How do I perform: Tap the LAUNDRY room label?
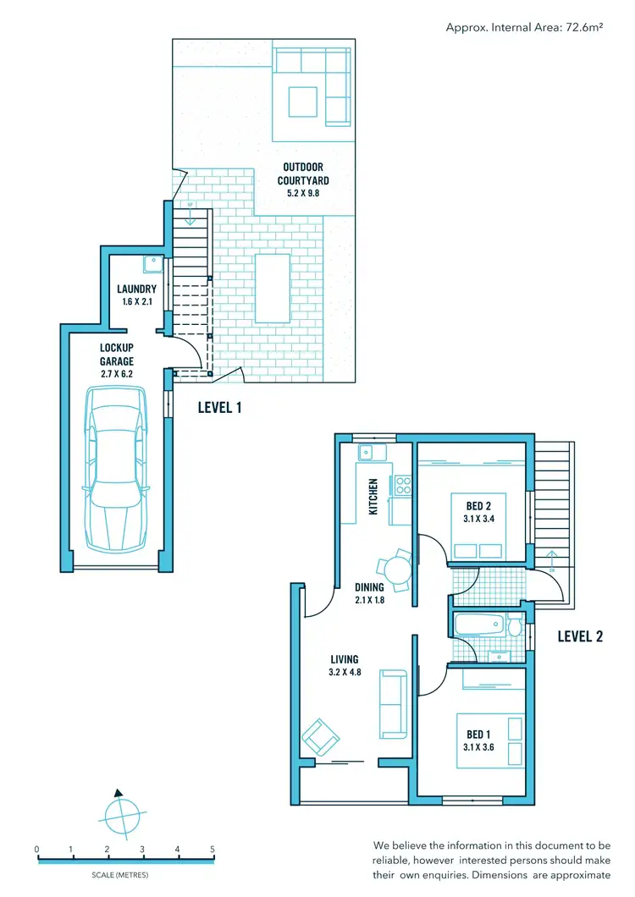coord(136,289)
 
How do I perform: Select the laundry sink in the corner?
coord(152,264)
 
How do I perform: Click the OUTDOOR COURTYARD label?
coord(303,173)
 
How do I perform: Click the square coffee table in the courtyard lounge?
coord(302,102)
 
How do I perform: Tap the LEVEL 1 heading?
coord(220,407)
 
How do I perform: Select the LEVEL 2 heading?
coord(580,636)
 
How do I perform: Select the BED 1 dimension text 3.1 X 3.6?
coord(479,746)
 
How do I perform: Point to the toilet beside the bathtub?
coord(513,626)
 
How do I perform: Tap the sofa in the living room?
coord(393,702)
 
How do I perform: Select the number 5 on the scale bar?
coord(212,849)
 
